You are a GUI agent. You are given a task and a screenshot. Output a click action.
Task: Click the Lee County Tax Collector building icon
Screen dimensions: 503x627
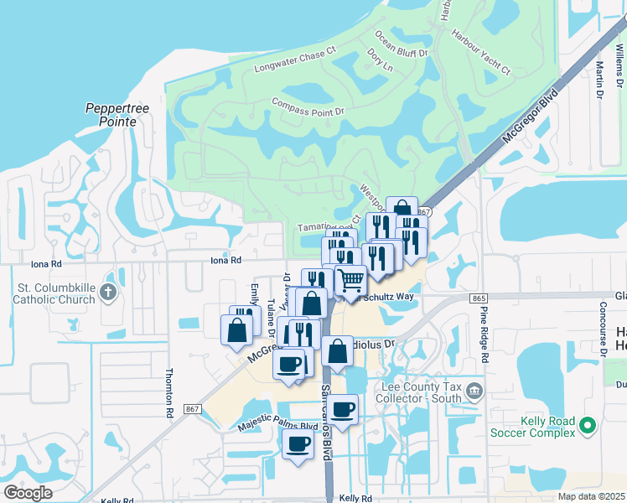474,391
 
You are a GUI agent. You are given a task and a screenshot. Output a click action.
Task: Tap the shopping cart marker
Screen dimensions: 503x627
350,280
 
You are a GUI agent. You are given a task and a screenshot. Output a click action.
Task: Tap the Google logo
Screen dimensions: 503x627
28,492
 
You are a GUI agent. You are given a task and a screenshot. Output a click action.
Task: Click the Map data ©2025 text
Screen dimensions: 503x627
590,496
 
